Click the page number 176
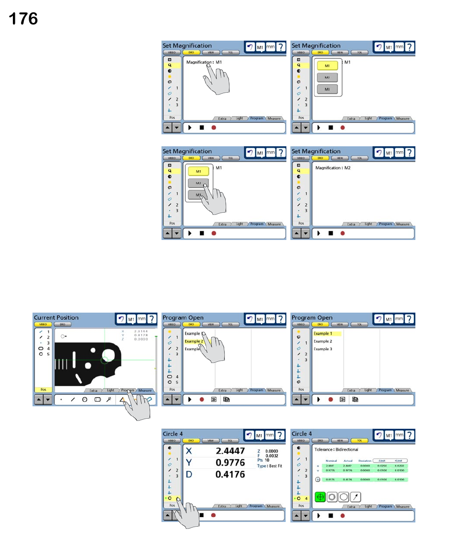(x=23, y=19)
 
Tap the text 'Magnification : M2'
(x=333, y=168)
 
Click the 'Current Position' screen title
(x=56, y=318)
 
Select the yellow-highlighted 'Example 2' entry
(x=194, y=341)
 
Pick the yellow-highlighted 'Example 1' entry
(x=323, y=334)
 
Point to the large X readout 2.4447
(x=230, y=451)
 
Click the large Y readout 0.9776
(x=230, y=463)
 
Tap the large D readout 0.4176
(x=230, y=474)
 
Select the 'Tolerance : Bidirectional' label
(x=337, y=450)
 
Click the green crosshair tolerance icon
(x=320, y=497)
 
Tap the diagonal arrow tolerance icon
(x=356, y=497)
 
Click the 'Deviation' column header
(x=365, y=461)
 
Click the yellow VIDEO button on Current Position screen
(x=43, y=324)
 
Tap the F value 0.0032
(x=272, y=456)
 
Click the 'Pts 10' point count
(x=263, y=460)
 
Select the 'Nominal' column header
(x=331, y=461)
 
